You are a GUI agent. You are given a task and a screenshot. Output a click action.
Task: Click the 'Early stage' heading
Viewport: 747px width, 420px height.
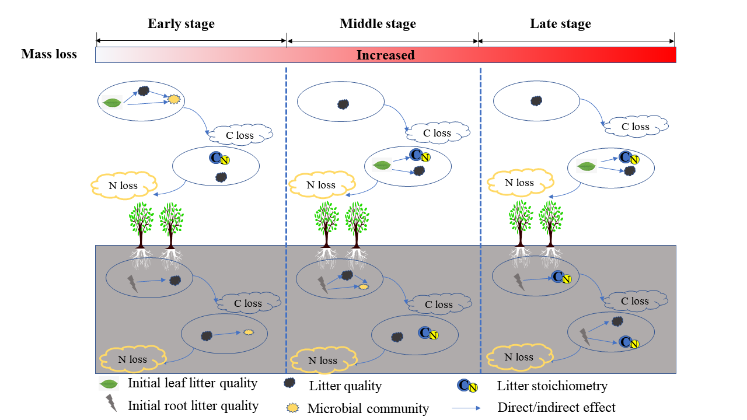click(x=181, y=24)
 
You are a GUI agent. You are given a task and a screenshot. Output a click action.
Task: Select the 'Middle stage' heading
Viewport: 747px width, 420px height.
click(x=378, y=24)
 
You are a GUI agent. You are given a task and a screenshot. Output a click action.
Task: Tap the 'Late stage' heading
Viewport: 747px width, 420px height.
click(x=560, y=24)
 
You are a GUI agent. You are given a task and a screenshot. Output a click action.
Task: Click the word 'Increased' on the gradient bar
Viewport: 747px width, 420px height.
click(x=385, y=55)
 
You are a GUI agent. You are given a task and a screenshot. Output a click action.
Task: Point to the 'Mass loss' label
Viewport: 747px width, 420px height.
click(x=49, y=54)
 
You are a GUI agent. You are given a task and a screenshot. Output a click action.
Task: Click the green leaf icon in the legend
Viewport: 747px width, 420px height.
click(x=109, y=384)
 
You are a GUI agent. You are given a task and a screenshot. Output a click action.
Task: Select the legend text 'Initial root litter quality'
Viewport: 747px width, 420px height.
click(x=193, y=405)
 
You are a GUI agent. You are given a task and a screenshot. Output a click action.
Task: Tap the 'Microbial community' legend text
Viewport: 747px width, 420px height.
click(x=368, y=408)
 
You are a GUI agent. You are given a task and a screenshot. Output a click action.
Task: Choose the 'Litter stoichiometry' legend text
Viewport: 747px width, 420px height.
click(x=552, y=386)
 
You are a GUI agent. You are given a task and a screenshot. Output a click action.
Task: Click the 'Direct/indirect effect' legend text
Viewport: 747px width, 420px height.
click(x=556, y=407)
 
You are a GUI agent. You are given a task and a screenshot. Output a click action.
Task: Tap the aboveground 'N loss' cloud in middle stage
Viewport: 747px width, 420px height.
click(x=321, y=185)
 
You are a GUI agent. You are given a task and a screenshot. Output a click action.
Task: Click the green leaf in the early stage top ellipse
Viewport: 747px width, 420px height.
click(x=111, y=103)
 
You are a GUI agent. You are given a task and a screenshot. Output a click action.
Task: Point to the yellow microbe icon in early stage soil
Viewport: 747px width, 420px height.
click(x=248, y=332)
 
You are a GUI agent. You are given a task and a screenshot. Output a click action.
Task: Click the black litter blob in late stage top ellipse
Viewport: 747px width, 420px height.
click(x=536, y=101)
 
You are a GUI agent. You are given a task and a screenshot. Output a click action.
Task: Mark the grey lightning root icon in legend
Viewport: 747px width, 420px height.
click(x=110, y=403)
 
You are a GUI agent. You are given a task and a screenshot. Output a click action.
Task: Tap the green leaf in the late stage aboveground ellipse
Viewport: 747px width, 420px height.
click(x=586, y=167)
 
